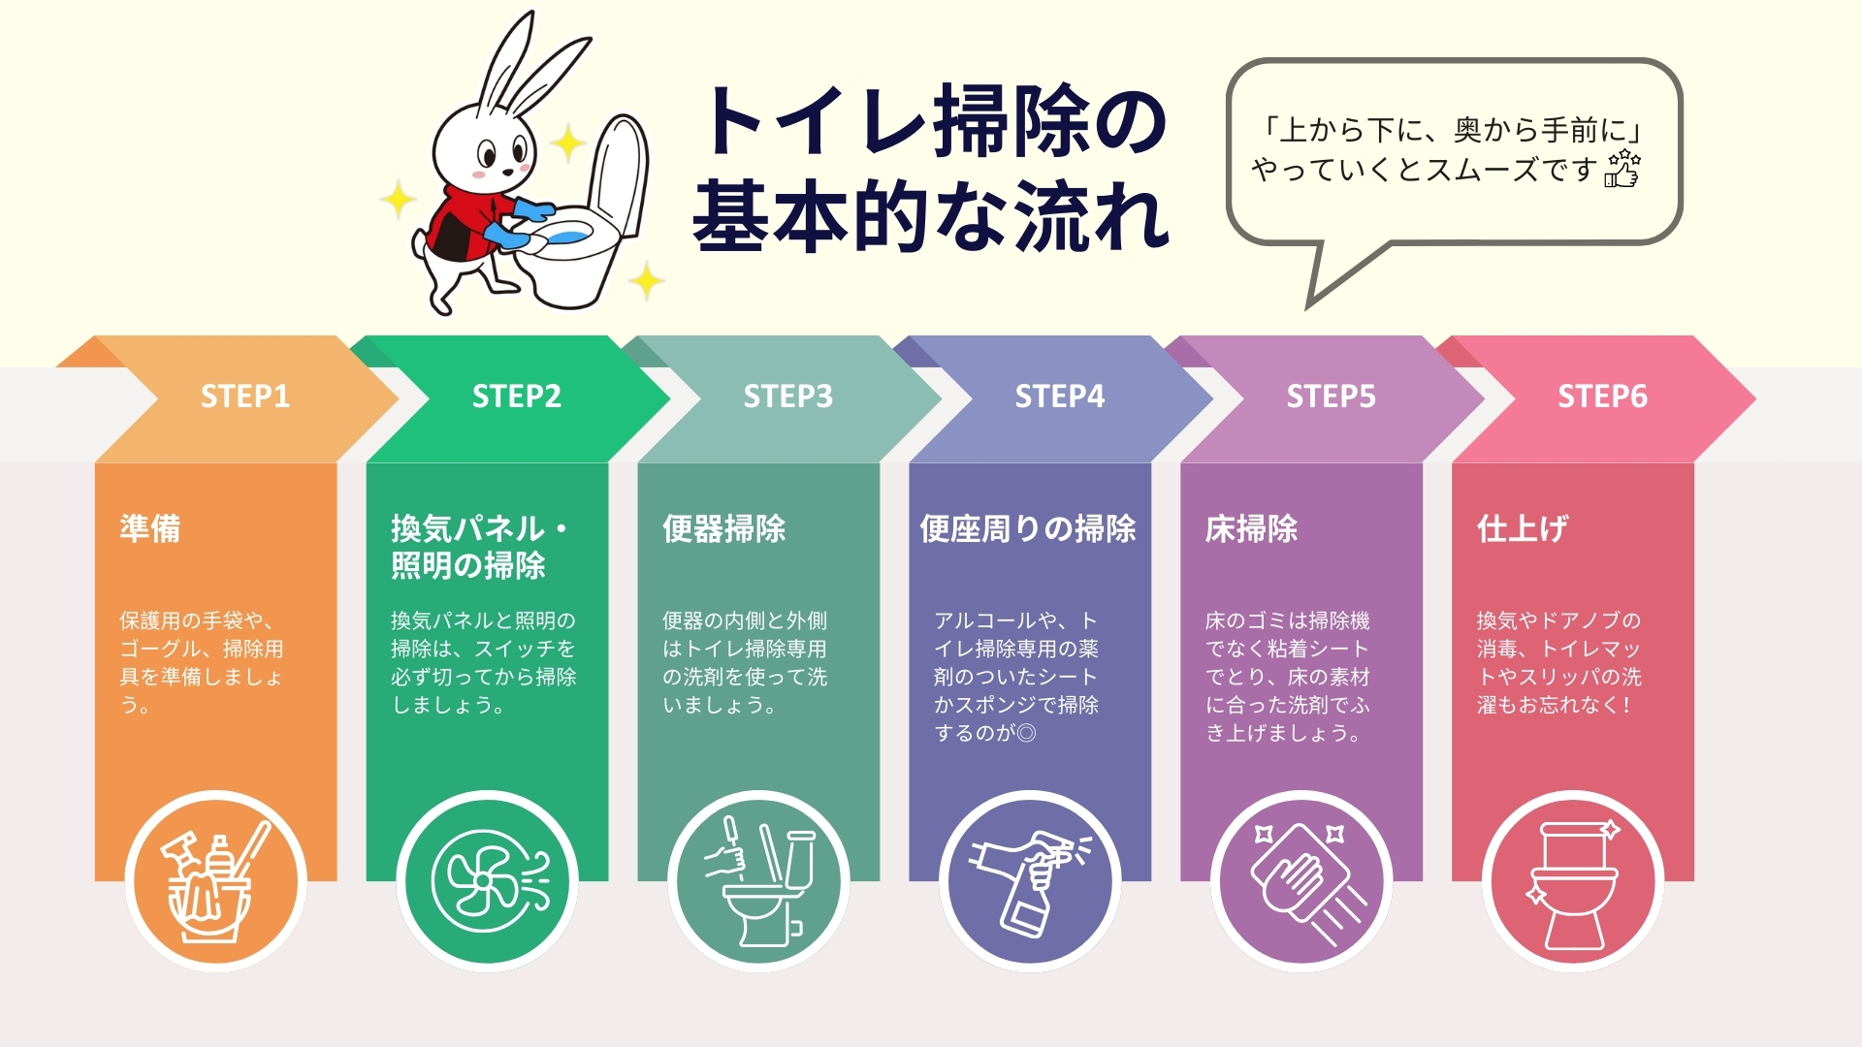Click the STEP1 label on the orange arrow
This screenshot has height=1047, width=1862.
(245, 397)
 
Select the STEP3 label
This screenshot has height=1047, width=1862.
(787, 397)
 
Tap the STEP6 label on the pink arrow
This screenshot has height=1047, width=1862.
(1602, 397)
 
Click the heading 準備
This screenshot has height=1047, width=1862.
(150, 528)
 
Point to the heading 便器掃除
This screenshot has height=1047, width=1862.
(723, 528)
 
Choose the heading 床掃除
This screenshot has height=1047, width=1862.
(1251, 528)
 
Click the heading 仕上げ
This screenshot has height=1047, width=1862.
(1522, 528)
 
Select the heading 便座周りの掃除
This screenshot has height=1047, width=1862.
(1028, 528)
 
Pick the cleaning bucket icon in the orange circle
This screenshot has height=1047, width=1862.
(215, 882)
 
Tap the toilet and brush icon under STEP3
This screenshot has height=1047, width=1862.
(759, 882)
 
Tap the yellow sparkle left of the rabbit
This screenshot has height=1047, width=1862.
(397, 200)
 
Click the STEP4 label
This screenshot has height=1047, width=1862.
(1059, 397)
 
